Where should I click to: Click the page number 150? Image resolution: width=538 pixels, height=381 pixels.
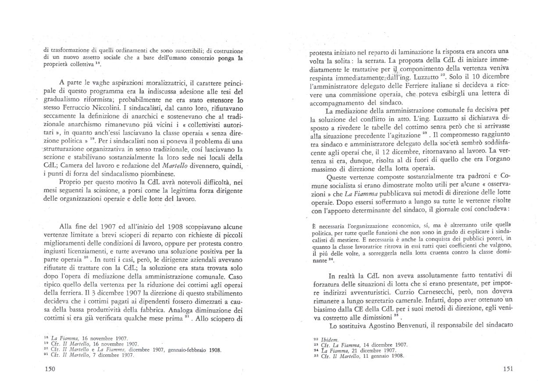[x=50, y=369]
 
